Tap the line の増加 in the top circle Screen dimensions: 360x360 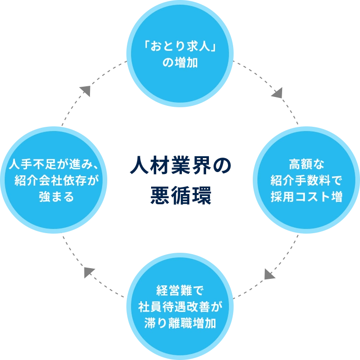point(180,62)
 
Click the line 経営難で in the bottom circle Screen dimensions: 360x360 point(180,292)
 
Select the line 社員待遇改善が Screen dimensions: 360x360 point(180,307)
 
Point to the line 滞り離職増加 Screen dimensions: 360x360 point(180,323)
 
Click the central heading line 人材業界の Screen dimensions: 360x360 point(180,166)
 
